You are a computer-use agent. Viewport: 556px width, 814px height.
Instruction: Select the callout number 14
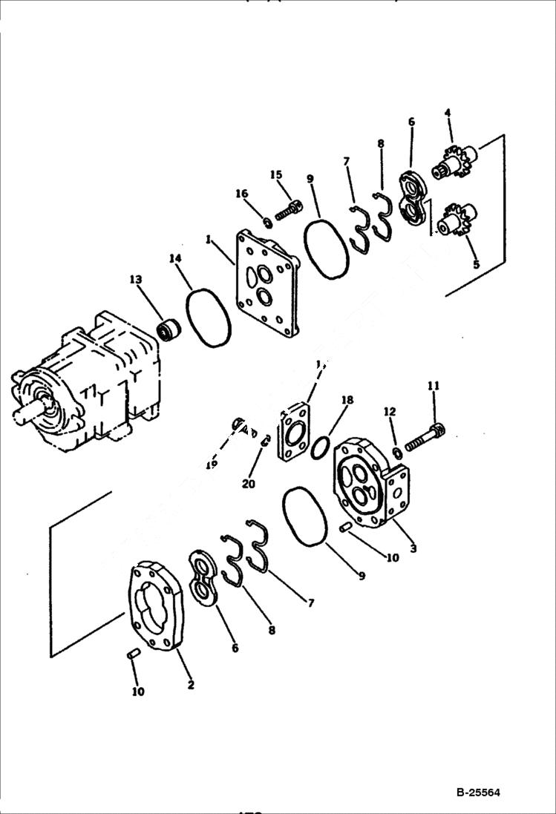pos(175,258)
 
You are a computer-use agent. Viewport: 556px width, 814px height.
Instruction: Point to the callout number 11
pos(434,385)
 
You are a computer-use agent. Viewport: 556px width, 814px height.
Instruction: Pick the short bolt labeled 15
pos(288,211)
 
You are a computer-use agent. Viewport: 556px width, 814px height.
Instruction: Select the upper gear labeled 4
pos(454,163)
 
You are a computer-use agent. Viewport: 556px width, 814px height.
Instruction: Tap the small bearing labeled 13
pos(169,328)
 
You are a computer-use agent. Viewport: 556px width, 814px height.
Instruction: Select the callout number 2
pos(191,684)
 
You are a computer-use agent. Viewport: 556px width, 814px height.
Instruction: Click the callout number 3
pos(413,548)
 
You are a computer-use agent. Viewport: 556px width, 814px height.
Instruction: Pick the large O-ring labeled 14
pos(208,318)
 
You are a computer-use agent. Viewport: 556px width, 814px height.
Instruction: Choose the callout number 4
pos(448,113)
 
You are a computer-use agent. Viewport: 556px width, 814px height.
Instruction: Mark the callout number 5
pos(476,263)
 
